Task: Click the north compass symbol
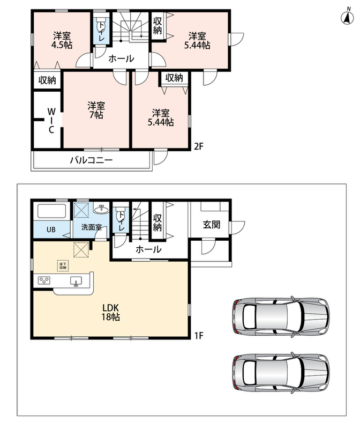347,17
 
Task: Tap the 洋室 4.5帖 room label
62,40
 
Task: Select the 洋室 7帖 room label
96,110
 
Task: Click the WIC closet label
51,120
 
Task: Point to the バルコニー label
91,160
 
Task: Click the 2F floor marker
199,146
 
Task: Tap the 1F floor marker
199,335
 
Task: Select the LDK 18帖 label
110,312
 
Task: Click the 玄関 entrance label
211,225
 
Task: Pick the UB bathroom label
51,230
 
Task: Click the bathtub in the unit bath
52,211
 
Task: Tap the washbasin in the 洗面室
101,209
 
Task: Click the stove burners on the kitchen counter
44,280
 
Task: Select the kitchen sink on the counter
76,281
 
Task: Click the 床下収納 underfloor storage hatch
63,265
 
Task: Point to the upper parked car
281,316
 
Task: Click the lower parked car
281,373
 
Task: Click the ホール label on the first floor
148,249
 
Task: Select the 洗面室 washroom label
91,227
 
